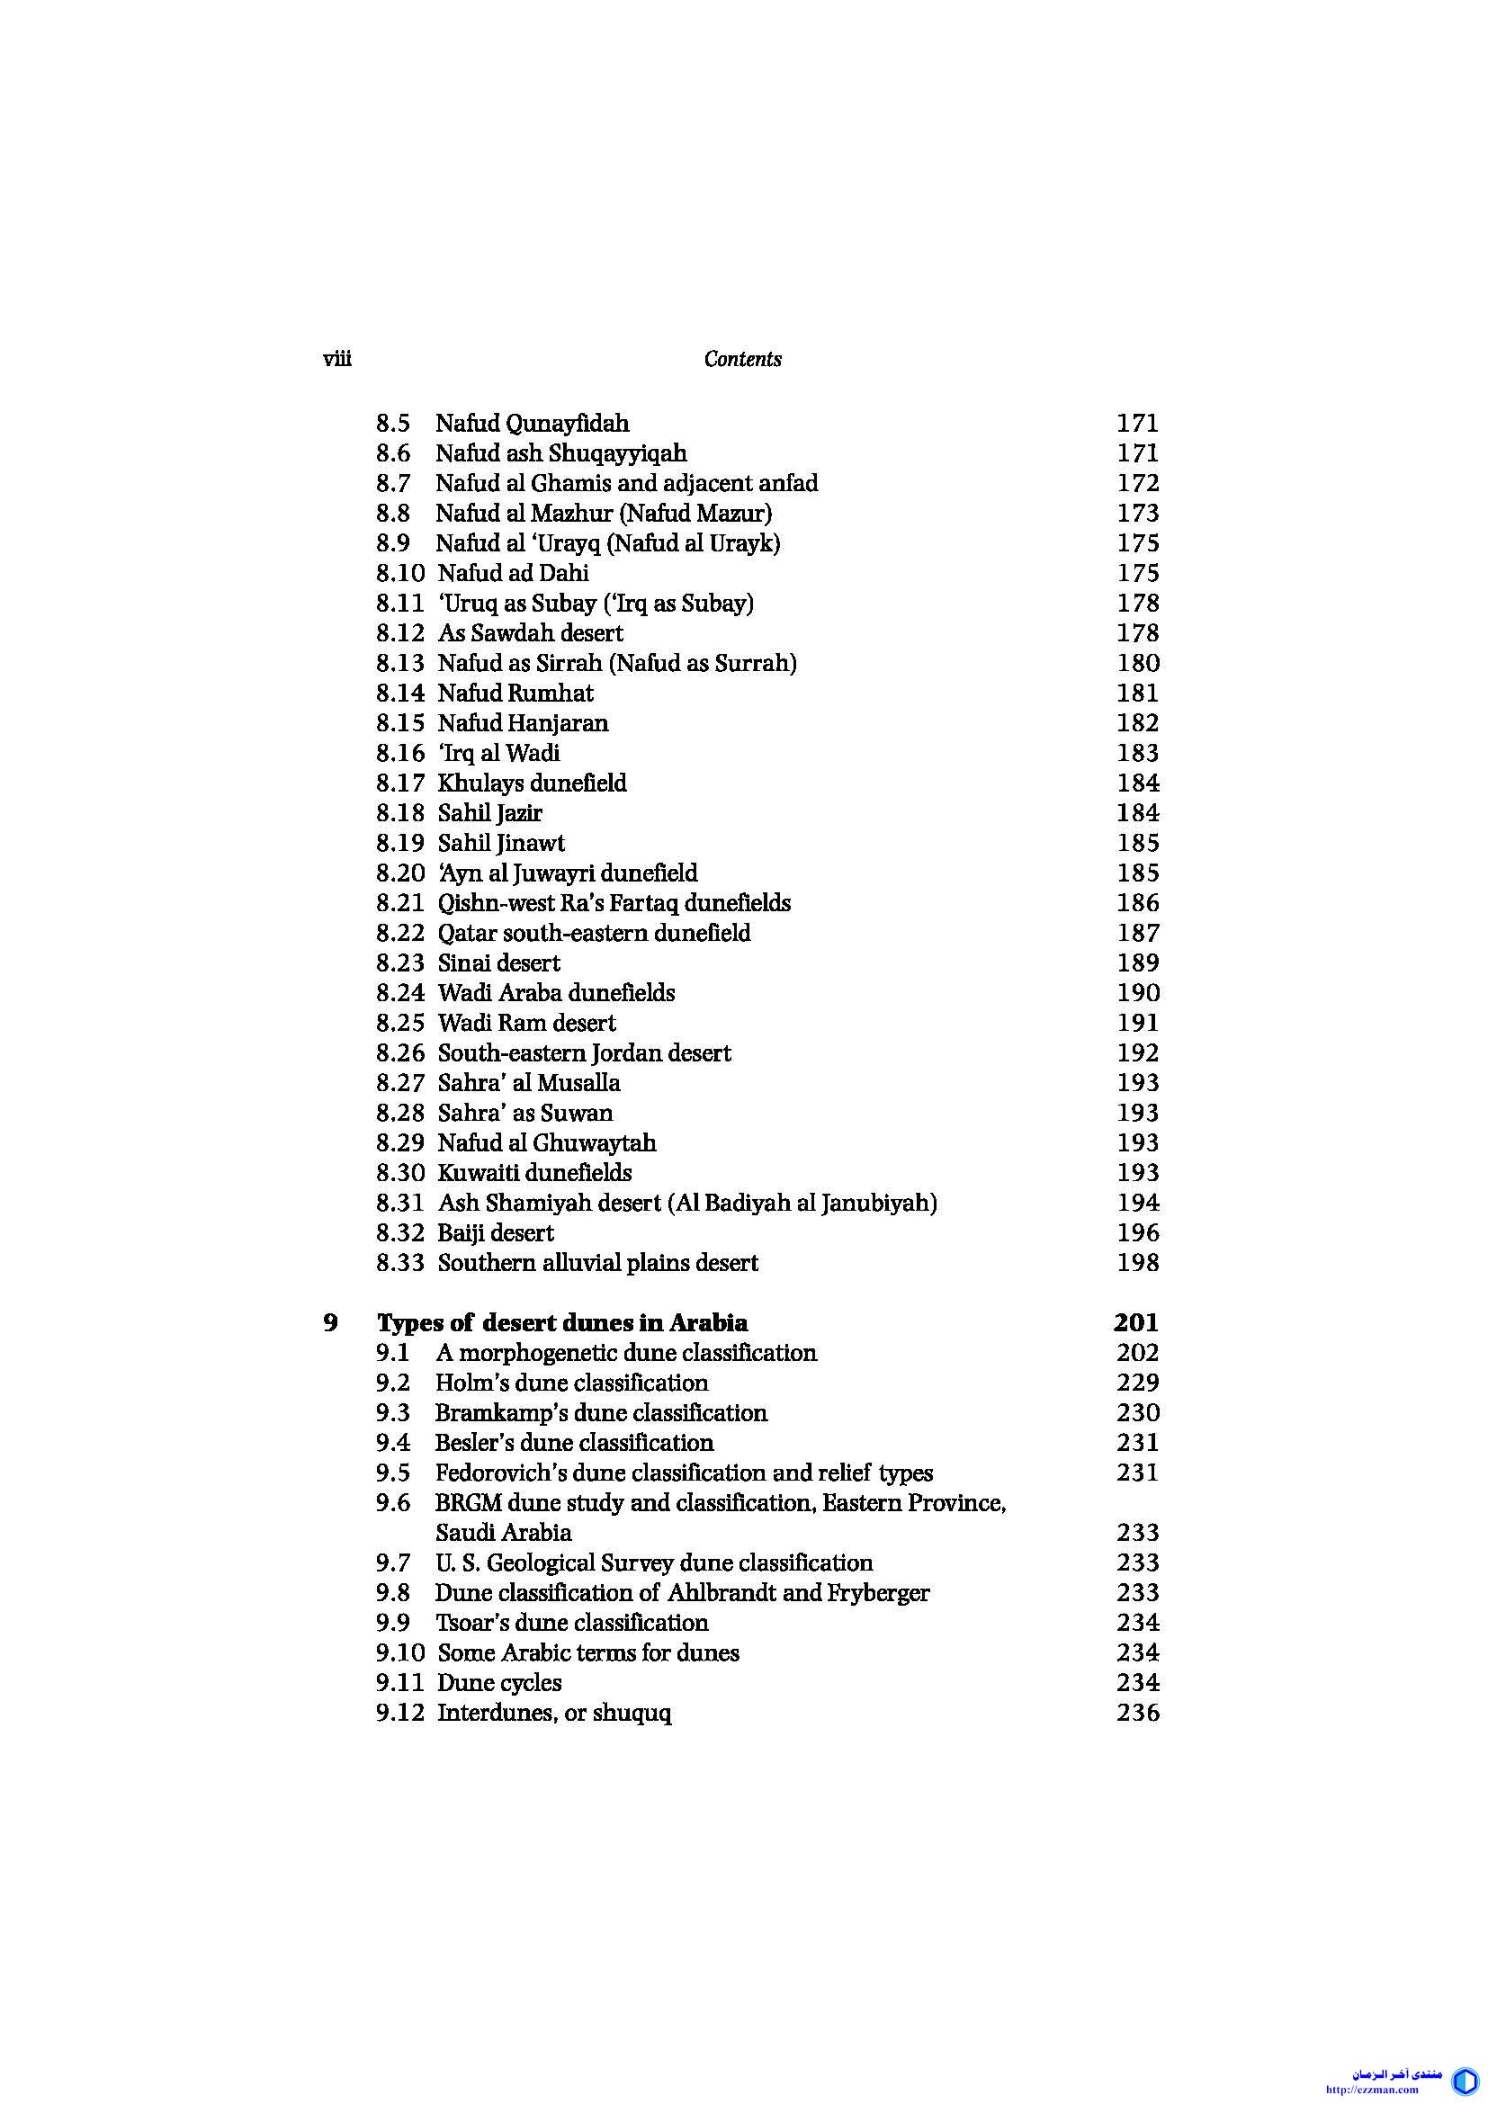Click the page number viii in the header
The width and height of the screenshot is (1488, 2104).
337,358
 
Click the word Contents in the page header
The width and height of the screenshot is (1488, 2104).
742,359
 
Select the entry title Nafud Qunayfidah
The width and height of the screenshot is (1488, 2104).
532,424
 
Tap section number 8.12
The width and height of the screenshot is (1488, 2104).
400,633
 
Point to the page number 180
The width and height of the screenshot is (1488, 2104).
1138,664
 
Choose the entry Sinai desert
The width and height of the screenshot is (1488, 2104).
498,963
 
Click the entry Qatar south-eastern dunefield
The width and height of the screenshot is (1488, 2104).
594,933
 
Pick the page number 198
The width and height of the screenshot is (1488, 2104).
1138,1263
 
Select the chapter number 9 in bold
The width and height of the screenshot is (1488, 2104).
331,1323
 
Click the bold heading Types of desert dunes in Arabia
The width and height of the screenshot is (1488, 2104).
561,1323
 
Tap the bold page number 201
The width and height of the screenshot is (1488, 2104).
1136,1323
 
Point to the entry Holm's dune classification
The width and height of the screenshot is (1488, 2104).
572,1383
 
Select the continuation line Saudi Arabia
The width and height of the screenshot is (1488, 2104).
503,1533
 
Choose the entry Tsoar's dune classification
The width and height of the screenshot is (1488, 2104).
572,1623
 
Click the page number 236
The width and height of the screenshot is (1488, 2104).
1138,1713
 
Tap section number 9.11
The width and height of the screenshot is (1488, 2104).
400,1682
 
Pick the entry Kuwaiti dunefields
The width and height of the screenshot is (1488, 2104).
534,1173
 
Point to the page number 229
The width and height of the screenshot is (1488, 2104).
1138,1383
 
